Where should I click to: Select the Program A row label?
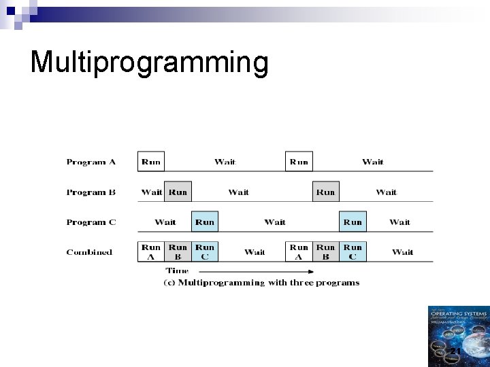click(91, 162)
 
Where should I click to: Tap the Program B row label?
click(91, 192)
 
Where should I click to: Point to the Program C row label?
click(91, 222)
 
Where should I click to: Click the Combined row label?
click(89, 252)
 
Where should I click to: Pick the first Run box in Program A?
click(150, 162)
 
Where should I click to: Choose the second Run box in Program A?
click(298, 162)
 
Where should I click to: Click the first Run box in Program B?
click(178, 192)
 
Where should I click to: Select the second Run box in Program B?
click(326, 192)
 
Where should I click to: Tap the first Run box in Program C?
click(204, 222)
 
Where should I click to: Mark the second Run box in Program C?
click(353, 222)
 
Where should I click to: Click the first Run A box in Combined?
click(151, 252)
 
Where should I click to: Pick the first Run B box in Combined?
click(178, 252)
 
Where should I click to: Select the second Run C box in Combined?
click(353, 252)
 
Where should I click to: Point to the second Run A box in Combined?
click(299, 252)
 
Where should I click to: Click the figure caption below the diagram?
click(262, 283)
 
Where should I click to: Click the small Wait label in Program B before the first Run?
click(152, 192)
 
